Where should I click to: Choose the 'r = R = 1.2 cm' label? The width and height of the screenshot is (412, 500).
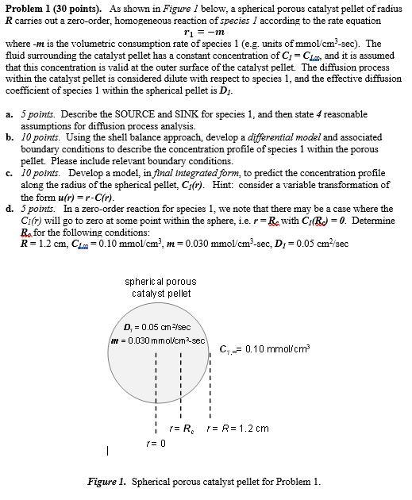237,428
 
